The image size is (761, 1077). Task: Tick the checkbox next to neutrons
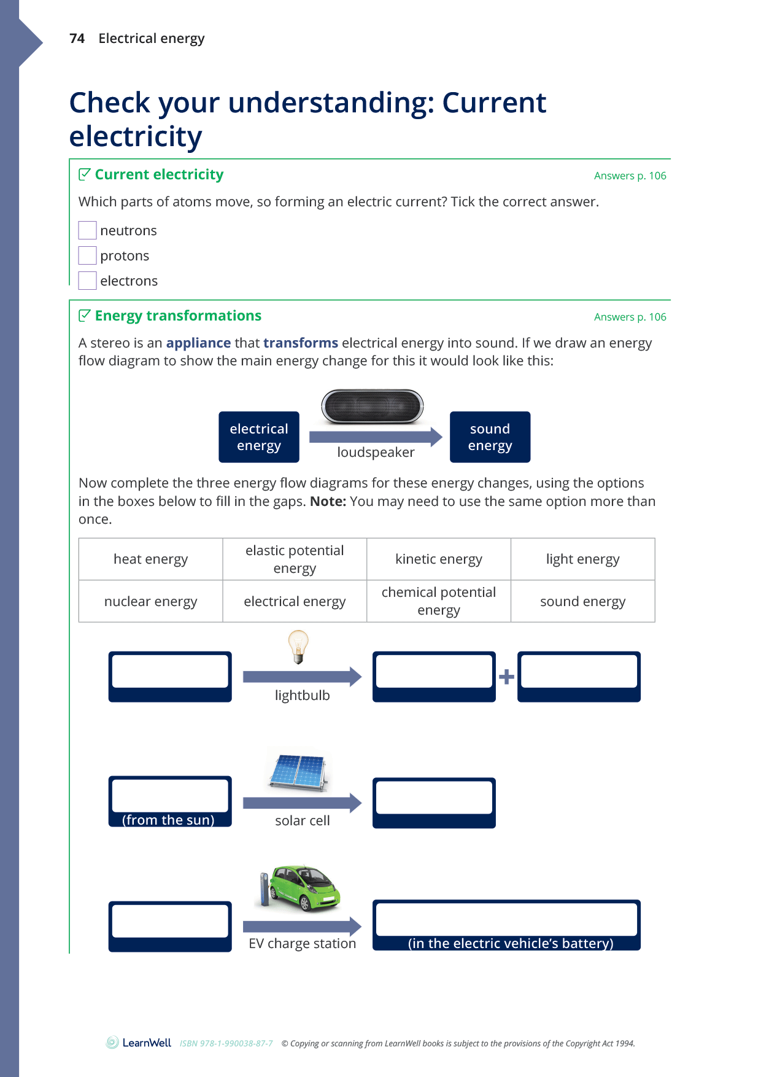click(87, 230)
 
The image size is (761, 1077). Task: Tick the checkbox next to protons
click(87, 255)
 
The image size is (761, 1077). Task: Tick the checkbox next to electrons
click(87, 281)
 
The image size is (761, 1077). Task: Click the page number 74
click(77, 39)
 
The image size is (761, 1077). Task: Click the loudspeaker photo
click(372, 406)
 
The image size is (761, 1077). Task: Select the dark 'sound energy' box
click(490, 437)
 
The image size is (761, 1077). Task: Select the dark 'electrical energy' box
click(259, 437)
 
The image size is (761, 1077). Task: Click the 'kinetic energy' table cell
click(439, 559)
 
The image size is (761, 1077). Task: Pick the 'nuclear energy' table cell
click(150, 602)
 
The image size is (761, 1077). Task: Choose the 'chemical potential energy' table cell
click(439, 602)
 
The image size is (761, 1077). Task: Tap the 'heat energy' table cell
click(150, 559)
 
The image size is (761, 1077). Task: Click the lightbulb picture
click(298, 647)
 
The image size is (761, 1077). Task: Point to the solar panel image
click(299, 772)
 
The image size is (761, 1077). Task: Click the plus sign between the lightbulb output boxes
click(506, 677)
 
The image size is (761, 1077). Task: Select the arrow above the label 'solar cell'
click(302, 803)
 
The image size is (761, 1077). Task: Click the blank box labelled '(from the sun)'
click(170, 796)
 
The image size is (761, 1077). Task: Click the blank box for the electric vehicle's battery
click(506, 919)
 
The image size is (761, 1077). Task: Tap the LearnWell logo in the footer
click(139, 1043)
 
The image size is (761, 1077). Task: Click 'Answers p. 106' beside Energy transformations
click(630, 317)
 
